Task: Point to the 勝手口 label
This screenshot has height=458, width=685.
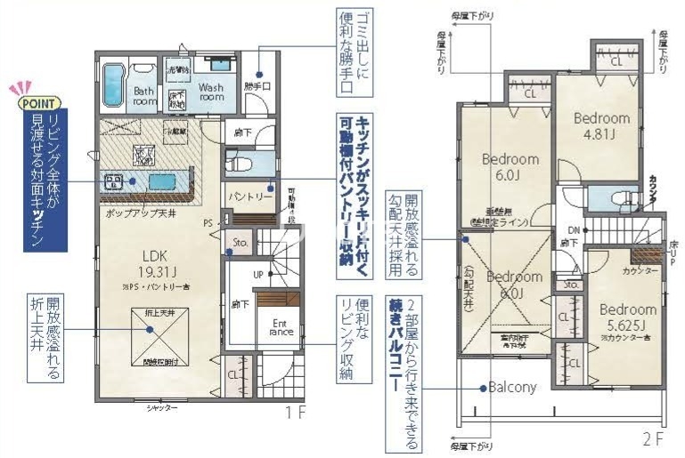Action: click(257, 86)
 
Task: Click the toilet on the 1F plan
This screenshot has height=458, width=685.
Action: click(239, 163)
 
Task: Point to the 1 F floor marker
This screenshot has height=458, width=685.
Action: click(297, 413)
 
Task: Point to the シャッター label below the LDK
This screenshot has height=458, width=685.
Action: click(161, 407)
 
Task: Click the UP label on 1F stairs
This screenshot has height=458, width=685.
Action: click(257, 274)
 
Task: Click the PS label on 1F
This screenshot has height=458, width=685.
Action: click(208, 223)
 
